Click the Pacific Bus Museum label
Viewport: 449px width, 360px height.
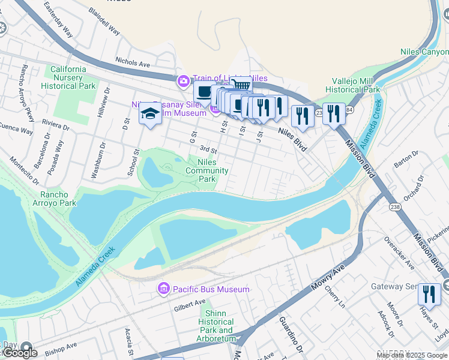tap(211, 289)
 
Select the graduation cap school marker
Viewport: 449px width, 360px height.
tap(150, 113)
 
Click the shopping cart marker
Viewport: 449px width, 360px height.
tap(241, 86)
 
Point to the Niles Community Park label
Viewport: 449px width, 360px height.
tap(207, 170)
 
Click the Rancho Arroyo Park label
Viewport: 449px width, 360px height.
tap(58, 199)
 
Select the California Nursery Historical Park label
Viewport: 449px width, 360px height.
tap(68, 77)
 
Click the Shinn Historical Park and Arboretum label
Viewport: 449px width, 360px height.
tap(216, 326)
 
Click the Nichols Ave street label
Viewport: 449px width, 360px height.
tap(133, 62)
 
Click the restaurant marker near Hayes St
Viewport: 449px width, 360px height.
tap(429, 295)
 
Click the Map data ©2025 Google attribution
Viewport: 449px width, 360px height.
tap(412, 355)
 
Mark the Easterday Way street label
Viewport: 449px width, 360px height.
tap(58, 19)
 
